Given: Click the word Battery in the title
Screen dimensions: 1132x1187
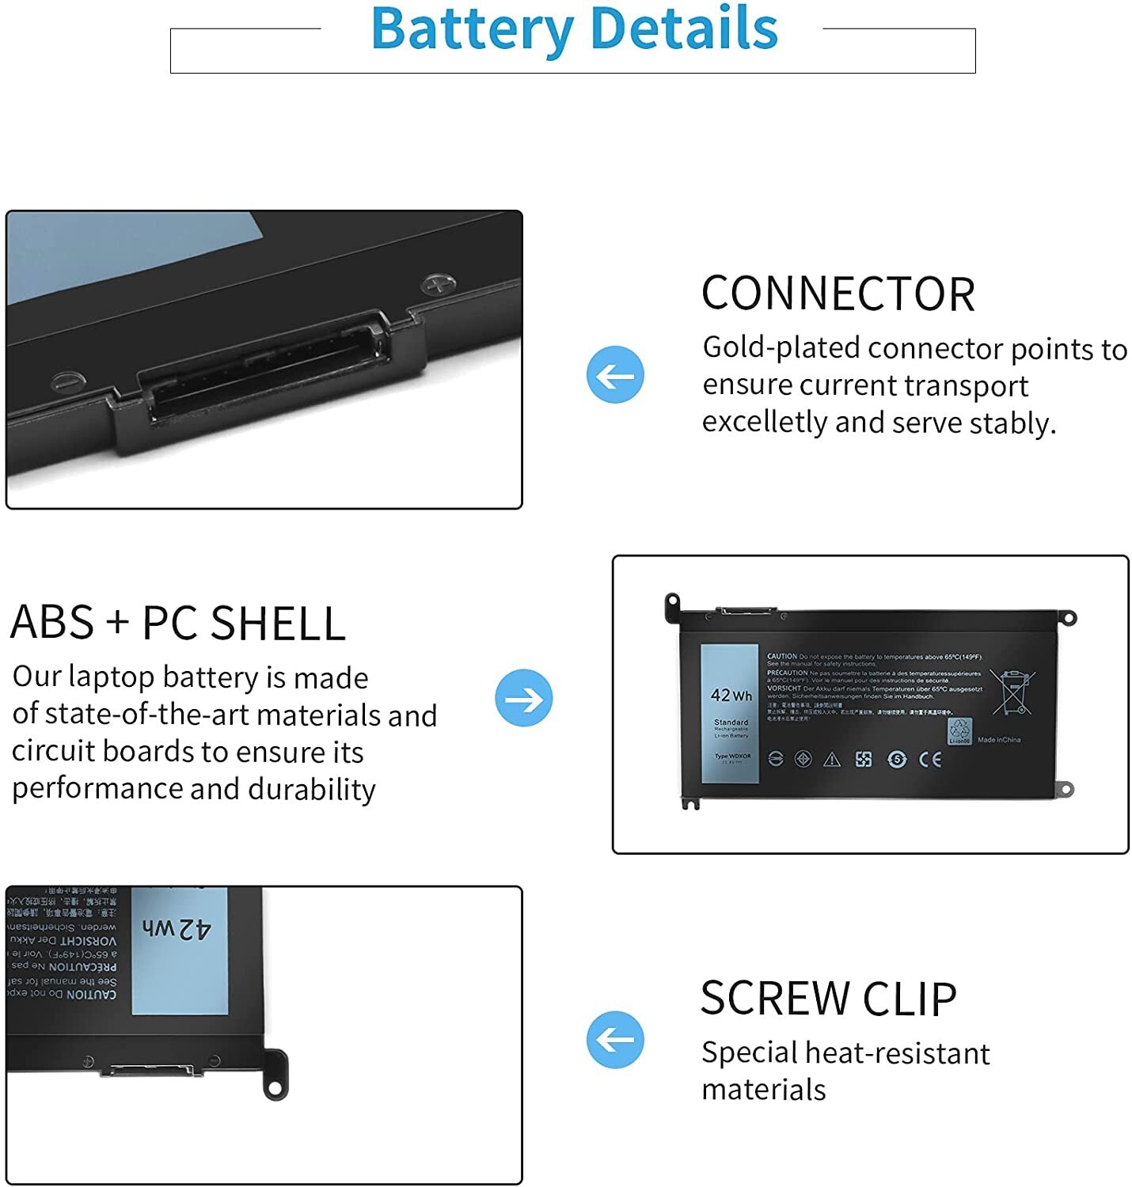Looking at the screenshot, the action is point(472,29).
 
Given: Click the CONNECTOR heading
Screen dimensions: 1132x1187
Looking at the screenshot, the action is point(838,294).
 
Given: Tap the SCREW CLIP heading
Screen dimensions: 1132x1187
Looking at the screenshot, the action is point(828,998).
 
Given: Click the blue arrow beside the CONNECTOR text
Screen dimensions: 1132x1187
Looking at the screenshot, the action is point(615,374).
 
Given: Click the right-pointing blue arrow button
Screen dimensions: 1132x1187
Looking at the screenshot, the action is point(523,698).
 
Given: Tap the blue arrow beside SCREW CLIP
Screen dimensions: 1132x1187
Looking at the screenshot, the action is point(615,1039).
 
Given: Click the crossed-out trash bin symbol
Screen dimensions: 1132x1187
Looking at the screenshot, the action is point(1014,692).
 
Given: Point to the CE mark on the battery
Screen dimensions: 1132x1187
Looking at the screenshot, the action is point(930,760).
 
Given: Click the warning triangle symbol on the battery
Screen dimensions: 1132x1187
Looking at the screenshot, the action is point(832,760).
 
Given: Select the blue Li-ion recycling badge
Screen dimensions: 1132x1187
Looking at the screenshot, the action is point(959,731).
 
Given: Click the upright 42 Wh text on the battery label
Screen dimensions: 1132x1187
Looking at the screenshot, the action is point(731,696).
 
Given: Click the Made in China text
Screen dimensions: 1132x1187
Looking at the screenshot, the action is point(999,740).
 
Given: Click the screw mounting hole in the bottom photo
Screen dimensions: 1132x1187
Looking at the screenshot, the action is point(275,1089).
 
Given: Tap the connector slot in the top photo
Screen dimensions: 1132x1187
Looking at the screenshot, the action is point(261,368).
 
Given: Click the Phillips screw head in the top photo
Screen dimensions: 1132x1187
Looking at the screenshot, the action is point(438,283).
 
